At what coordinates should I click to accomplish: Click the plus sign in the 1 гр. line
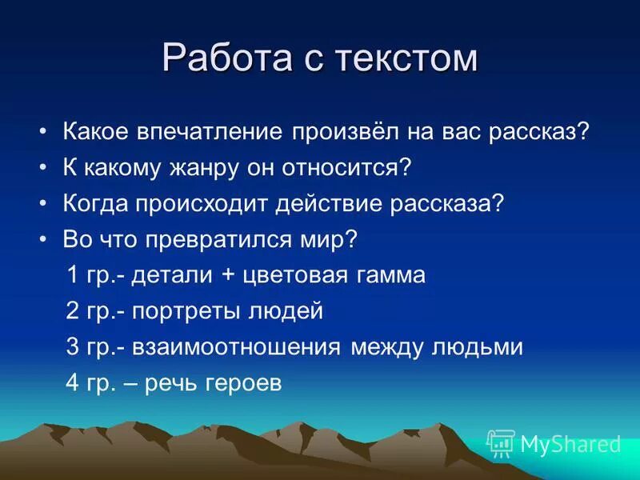[229, 276]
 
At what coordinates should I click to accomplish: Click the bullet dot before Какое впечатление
[44, 132]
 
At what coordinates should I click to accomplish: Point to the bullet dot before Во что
[44, 239]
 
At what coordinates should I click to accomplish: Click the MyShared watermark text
[570, 442]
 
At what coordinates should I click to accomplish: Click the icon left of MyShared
[501, 442]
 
